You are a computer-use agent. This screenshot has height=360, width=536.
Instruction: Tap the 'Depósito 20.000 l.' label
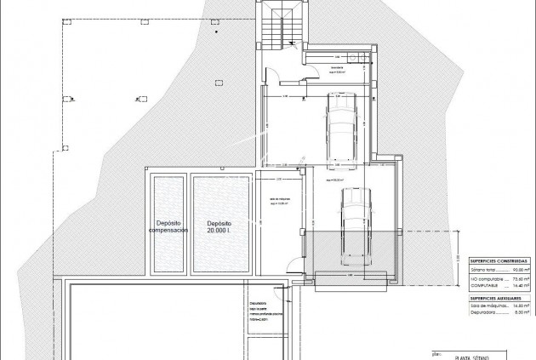pos(220,226)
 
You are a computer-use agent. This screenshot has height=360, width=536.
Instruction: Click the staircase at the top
pos(277,31)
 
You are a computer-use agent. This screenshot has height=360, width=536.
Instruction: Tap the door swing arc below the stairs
pos(277,74)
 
